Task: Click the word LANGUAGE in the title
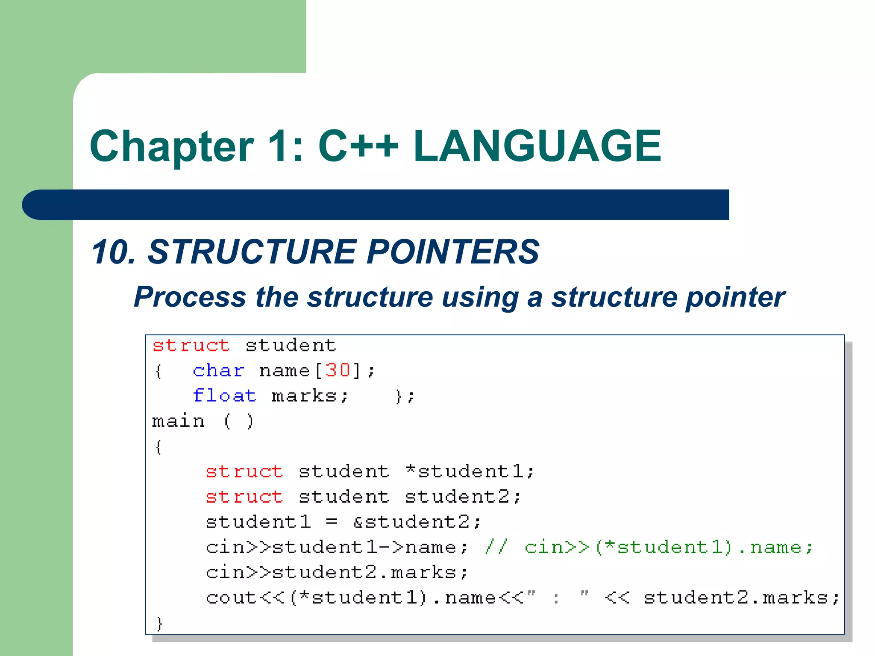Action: pos(537,146)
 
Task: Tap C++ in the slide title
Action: pos(358,146)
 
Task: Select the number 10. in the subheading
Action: pos(113,252)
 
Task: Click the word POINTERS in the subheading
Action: pos(453,252)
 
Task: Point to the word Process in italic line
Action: pos(190,297)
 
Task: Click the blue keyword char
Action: pos(218,370)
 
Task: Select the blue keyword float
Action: pos(224,395)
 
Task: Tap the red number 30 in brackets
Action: pos(338,370)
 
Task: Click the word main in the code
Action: pos(179,421)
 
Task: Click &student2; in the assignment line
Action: pos(417,522)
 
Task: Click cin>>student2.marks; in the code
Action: pos(337,572)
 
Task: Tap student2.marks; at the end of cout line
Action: pos(741,597)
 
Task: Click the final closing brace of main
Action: pos(159,623)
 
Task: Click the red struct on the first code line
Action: pos(191,345)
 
